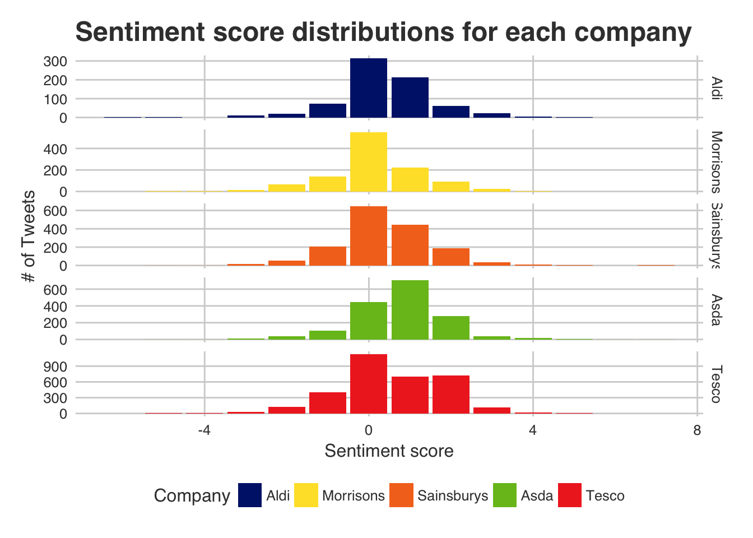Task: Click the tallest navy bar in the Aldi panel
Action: point(368,88)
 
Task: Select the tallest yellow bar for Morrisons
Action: point(368,162)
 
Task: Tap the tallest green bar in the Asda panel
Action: point(410,310)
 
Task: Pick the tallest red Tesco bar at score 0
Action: point(368,384)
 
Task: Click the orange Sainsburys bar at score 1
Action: point(410,245)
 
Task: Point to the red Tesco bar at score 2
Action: point(450,395)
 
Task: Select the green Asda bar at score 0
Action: point(368,321)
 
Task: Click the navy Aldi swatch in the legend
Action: point(249,495)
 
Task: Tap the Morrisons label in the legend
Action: point(354,496)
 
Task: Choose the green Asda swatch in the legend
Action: point(505,495)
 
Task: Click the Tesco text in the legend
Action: point(605,496)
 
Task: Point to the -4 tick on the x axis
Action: point(204,430)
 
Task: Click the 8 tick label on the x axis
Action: point(696,430)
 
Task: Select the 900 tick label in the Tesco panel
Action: point(55,367)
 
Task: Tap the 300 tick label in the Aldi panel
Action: point(55,61)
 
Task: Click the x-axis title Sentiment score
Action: point(389,451)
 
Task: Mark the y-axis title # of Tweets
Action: point(29,236)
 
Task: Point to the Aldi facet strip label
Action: point(715,88)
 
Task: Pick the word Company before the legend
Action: point(192,496)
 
